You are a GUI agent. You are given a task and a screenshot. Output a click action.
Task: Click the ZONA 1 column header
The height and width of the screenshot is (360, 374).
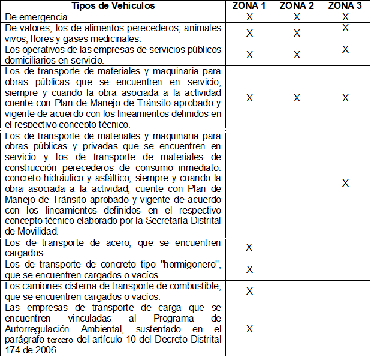[x=249, y=6]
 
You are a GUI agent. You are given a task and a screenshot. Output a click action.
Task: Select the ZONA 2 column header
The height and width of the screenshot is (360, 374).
[x=297, y=6]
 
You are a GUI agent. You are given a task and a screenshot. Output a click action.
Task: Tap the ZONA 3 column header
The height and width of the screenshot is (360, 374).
[x=345, y=6]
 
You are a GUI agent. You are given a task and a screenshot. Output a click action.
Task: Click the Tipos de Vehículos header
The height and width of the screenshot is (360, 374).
[x=113, y=6]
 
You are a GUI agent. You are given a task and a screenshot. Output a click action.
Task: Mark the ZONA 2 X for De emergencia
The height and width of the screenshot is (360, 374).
[x=297, y=17]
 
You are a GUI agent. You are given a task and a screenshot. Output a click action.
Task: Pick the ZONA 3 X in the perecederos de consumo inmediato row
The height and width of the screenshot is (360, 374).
[x=345, y=183]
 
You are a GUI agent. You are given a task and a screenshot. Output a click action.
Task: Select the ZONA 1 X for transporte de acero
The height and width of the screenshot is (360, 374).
[x=249, y=247]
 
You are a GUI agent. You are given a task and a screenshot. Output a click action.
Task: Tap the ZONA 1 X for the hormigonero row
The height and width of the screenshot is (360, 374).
[x=249, y=269]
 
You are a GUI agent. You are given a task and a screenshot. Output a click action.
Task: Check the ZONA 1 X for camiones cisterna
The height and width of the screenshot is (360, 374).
[x=249, y=291]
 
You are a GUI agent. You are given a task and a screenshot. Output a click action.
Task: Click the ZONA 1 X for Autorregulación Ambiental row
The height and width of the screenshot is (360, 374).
[x=249, y=329]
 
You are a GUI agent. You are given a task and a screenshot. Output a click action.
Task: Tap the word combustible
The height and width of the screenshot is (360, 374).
[x=198, y=286]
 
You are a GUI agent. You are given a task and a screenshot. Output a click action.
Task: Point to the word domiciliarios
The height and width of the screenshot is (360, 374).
[x=29, y=60]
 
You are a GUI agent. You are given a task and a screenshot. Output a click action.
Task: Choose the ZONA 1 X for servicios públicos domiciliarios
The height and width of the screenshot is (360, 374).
[x=249, y=55]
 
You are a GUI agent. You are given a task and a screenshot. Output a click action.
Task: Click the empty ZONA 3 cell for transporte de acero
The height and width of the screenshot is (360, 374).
[x=345, y=247]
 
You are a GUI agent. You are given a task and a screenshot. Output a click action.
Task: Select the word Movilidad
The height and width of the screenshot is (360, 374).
[x=38, y=230]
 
